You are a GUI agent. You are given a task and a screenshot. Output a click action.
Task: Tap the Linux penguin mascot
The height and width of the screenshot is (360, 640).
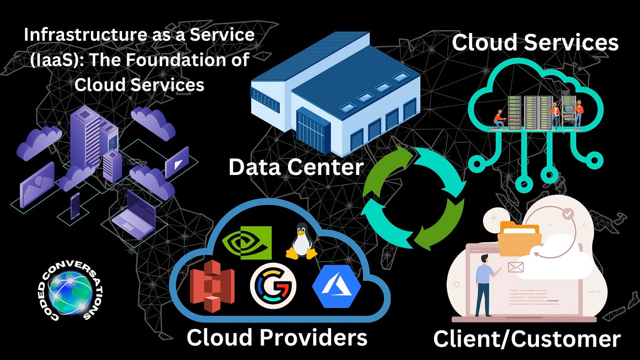[301, 242]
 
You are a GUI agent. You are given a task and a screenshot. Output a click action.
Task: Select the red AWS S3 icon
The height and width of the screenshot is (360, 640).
[212, 286]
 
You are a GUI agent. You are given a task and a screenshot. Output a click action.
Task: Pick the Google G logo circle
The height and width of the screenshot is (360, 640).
[273, 286]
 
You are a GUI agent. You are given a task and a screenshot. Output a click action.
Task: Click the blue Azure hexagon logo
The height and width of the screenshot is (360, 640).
[336, 286]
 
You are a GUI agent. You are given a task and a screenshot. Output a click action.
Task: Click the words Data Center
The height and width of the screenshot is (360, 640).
[296, 167]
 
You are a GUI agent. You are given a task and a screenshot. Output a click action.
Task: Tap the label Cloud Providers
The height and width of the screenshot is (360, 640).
[277, 338]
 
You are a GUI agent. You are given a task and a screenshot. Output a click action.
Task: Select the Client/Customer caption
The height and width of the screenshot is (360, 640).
[527, 339]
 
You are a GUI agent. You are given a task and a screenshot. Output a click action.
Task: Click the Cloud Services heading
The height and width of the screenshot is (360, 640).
[535, 43]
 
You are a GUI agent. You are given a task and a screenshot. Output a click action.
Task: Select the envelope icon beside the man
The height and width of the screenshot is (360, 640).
[515, 267]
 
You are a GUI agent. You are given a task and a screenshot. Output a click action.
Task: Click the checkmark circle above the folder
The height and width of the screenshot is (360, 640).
[567, 213]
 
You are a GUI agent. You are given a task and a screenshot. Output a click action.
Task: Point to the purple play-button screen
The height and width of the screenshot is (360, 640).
[177, 162]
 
